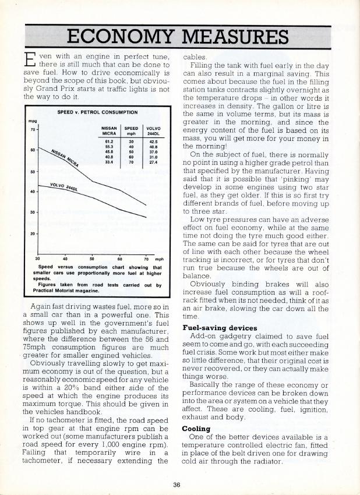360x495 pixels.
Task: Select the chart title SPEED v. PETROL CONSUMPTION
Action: point(97,111)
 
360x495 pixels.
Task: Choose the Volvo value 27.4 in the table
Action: point(154,162)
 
